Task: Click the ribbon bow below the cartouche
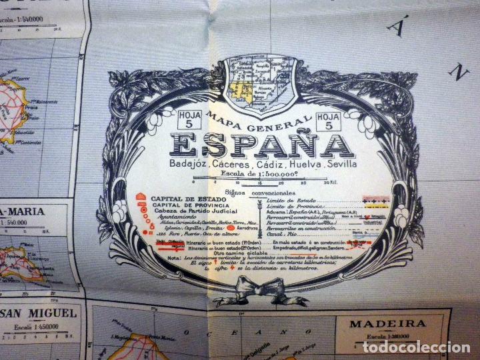click(261, 289)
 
